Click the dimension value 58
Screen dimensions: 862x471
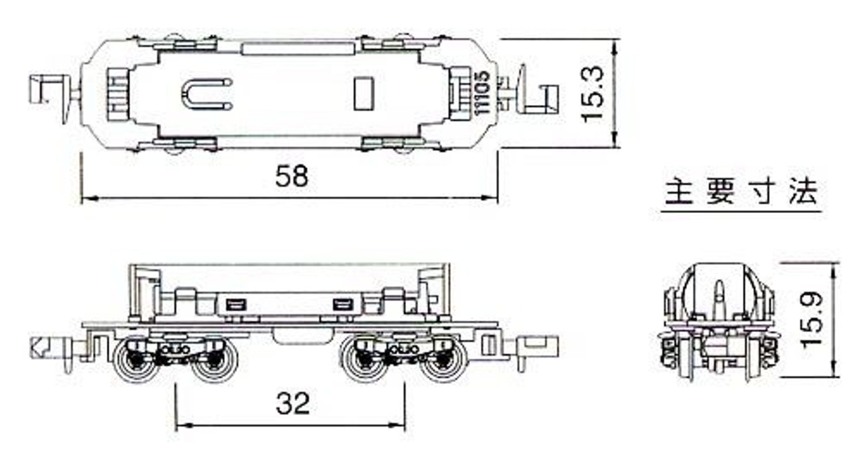(x=292, y=176)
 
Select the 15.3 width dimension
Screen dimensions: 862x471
(x=593, y=94)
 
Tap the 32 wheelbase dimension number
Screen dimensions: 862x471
(x=292, y=403)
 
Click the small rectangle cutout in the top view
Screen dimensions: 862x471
(x=364, y=94)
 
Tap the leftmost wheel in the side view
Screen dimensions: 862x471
(x=137, y=359)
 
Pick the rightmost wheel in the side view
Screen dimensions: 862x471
(x=442, y=359)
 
